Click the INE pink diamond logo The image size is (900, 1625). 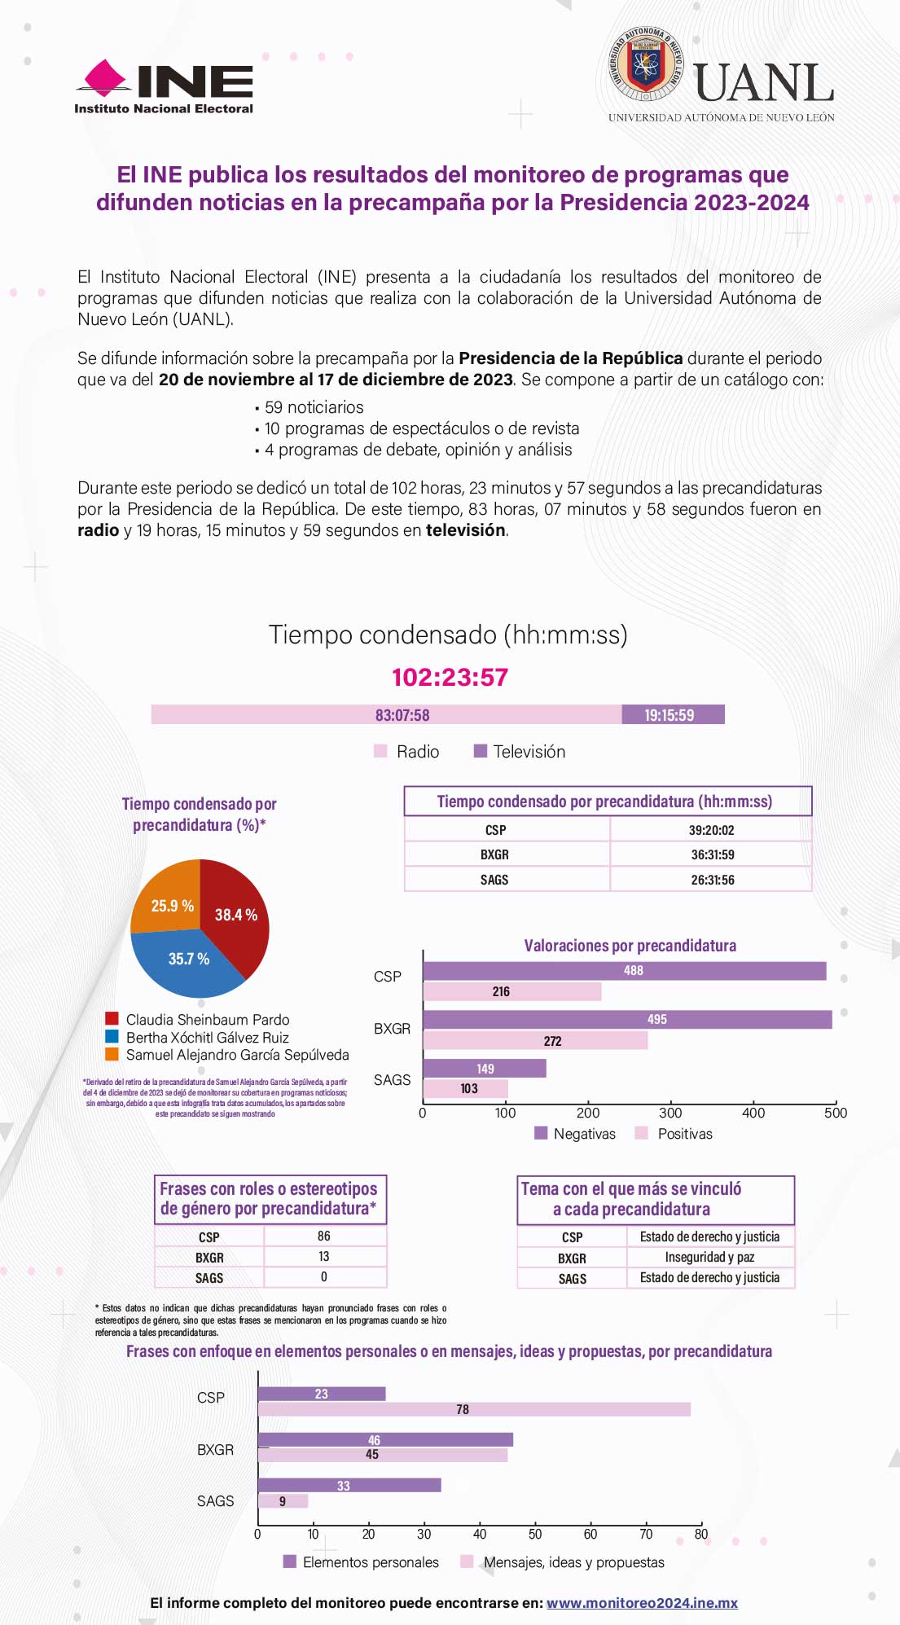point(103,78)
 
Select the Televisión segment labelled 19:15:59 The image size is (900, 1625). point(672,715)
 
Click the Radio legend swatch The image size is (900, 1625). point(380,751)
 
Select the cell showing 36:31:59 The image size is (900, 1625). point(712,854)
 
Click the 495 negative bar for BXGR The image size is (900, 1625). point(627,1020)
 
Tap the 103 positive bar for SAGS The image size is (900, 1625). point(465,1089)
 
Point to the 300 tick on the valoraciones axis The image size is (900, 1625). point(670,1113)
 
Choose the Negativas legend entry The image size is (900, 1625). point(575,1134)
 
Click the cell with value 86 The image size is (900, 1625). point(324,1236)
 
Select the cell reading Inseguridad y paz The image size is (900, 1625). point(709,1257)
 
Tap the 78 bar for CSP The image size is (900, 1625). point(474,1409)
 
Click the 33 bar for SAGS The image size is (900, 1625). point(349,1486)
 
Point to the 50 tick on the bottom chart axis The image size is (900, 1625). point(535,1535)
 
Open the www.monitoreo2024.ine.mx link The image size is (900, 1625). point(642,1603)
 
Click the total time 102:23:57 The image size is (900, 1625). point(450,677)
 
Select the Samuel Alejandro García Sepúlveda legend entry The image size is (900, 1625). point(237,1055)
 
